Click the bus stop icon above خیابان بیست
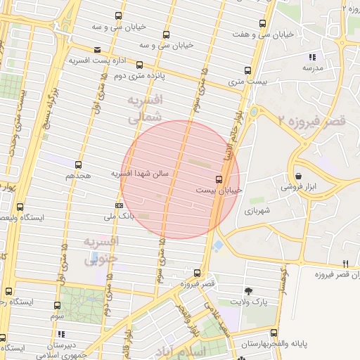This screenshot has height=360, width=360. pyautogui.click(x=219, y=179)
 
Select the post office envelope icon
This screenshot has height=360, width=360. pyautogui.click(x=96, y=50)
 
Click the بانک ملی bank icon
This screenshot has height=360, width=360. pyautogui.click(x=119, y=205)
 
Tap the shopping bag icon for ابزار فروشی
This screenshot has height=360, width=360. pyautogui.click(x=299, y=176)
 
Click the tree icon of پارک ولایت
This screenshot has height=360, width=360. pyautogui.click(x=248, y=291)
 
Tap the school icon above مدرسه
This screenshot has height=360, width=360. pyautogui.click(x=312, y=57)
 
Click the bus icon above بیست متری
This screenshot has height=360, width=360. pyautogui.click(x=247, y=70)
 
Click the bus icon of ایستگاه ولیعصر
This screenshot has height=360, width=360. pyautogui.click(x=20, y=207)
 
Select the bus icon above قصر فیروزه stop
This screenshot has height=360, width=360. pyautogui.click(x=196, y=273)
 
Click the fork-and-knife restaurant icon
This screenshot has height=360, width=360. pyautogui.click(x=345, y=263)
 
